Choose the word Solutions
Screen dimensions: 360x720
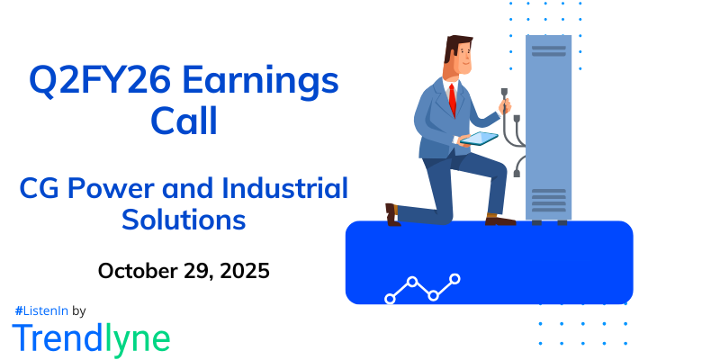tap(185, 219)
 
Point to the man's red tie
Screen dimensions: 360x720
tap(452, 99)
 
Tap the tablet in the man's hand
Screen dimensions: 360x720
tap(479, 139)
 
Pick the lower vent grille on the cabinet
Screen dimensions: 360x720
tap(549, 200)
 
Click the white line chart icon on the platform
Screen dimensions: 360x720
tap(422, 287)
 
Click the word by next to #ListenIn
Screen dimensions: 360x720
tap(78, 310)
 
